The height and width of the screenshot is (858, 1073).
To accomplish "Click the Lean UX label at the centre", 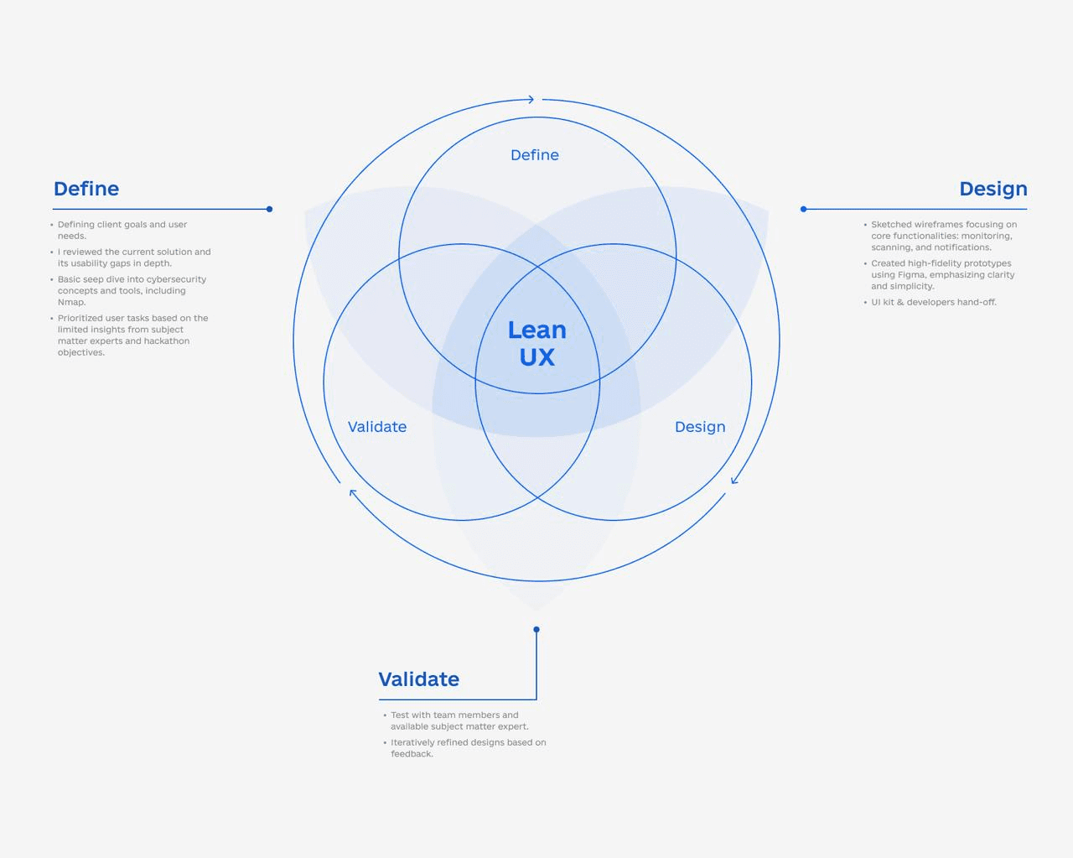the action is (x=536, y=343).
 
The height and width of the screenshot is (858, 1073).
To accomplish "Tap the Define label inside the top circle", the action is (x=535, y=155).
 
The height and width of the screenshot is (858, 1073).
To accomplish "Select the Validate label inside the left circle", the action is (x=377, y=427).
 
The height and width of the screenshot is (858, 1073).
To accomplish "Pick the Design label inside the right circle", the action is (x=700, y=427).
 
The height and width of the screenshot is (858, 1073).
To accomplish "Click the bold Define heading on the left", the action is (x=86, y=189).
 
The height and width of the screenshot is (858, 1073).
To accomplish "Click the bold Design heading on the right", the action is (x=993, y=189).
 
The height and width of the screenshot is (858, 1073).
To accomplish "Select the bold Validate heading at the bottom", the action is (x=418, y=679).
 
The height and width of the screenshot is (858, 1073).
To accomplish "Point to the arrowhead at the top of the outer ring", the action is (x=530, y=100).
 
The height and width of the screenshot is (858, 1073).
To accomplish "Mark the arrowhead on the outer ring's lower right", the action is (x=734, y=480).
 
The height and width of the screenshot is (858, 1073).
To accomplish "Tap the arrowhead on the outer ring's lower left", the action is (x=353, y=493).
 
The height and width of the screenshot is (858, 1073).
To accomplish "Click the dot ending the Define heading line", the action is (x=269, y=209).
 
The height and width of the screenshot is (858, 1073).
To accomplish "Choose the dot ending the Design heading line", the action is (x=803, y=209).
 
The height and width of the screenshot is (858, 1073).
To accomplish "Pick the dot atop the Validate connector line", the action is (x=536, y=629).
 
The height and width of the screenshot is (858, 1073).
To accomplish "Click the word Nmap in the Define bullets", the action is (x=70, y=302).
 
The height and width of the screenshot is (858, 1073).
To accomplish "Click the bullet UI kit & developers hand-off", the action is (x=933, y=302).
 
